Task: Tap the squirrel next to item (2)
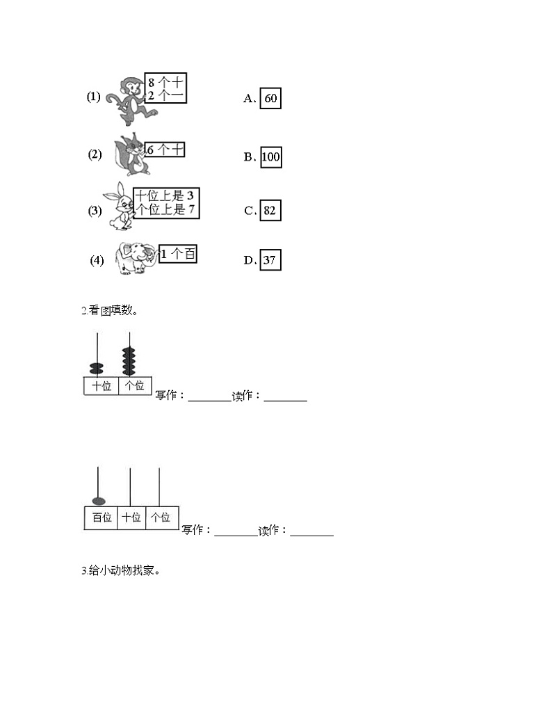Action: [x=130, y=155]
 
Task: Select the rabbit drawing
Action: [x=118, y=206]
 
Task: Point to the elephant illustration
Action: [x=136, y=257]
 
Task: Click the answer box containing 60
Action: [x=270, y=98]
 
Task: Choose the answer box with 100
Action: [x=270, y=157]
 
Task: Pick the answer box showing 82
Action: [x=270, y=210]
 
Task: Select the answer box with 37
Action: [x=270, y=260]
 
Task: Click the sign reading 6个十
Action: [x=165, y=150]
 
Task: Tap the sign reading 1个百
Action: [x=178, y=254]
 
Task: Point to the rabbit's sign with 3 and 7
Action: [x=166, y=203]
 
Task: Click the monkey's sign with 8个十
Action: [x=165, y=88]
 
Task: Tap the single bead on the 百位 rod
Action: [x=99, y=501]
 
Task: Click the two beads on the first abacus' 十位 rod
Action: [x=97, y=369]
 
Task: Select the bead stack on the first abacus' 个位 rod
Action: [x=129, y=362]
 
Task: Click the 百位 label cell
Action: [x=101, y=517]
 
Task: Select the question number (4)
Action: [x=97, y=260]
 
